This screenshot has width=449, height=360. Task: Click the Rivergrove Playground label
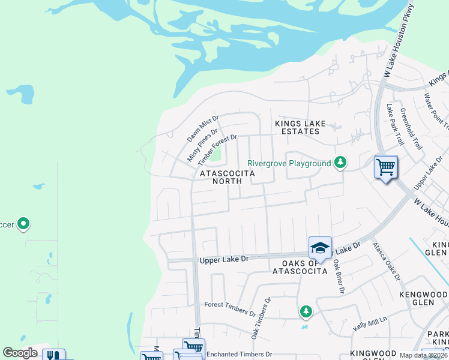pos(289,163)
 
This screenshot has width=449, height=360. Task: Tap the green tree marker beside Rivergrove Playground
pos(340,162)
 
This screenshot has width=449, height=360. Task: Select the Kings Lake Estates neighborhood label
pos(300,127)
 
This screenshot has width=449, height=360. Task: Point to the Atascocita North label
pos(228,177)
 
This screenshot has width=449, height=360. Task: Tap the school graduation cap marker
pos(320,247)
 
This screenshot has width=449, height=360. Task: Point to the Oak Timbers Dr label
pos(261,317)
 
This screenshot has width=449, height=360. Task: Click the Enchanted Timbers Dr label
pos(240,355)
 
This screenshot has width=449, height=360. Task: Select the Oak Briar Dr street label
pos(338,275)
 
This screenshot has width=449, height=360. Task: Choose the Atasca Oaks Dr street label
pos(385,261)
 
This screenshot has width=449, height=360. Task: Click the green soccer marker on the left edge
pos(23,224)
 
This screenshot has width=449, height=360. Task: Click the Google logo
pos(20,353)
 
